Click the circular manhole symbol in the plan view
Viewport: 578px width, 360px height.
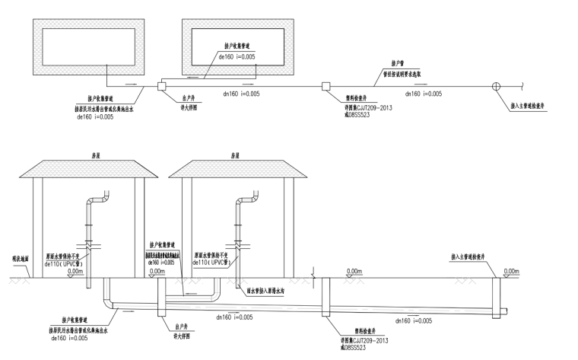click(497, 86)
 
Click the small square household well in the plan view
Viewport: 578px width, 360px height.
click(161, 86)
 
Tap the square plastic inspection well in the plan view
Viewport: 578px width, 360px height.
click(325, 86)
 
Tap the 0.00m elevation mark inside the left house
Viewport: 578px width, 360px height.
click(75, 271)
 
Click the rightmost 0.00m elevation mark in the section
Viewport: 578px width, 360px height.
click(510, 271)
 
